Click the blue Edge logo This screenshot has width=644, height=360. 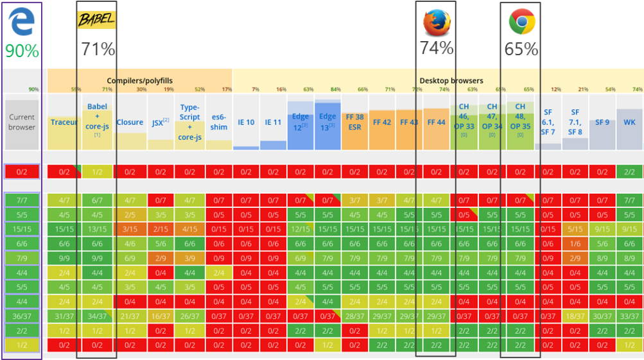21,22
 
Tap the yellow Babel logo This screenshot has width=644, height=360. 96,20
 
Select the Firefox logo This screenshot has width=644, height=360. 437,22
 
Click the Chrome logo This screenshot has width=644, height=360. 521,22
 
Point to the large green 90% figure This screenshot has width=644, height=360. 22,51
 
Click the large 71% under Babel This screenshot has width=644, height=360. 98,49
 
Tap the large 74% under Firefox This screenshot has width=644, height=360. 437,48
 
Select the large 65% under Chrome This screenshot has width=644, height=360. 521,49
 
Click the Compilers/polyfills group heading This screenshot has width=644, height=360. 139,81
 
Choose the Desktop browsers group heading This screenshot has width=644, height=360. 451,81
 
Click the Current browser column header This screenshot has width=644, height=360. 22,122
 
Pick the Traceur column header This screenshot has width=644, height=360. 64,122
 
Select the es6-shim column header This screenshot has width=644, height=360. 219,122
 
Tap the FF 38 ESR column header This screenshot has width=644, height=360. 354,122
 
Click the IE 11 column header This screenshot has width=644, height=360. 273,122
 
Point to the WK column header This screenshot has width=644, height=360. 629,122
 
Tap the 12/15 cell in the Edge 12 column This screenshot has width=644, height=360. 300,228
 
